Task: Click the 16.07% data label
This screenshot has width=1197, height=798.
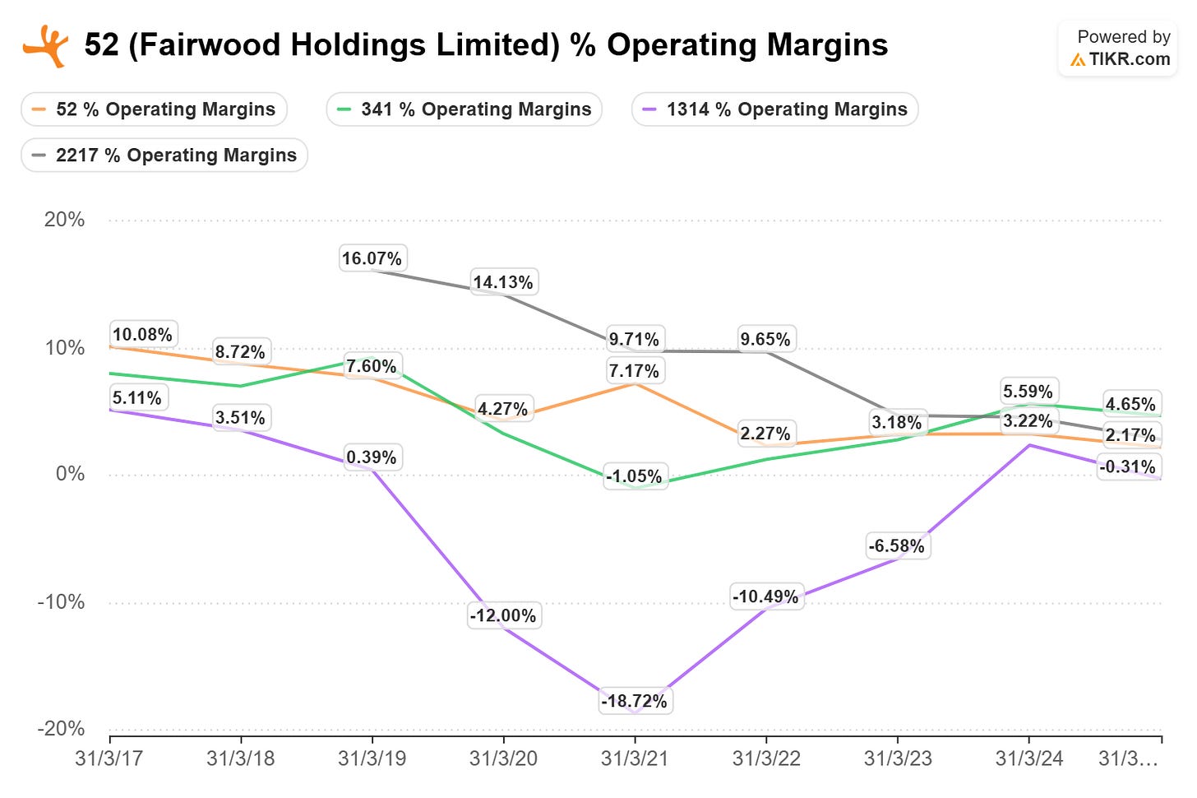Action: tap(372, 258)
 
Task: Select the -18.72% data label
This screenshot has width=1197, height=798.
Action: tap(635, 701)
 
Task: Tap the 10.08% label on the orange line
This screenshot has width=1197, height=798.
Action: tap(143, 334)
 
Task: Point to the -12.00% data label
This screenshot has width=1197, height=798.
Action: tap(503, 615)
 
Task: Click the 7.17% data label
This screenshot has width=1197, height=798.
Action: tap(635, 371)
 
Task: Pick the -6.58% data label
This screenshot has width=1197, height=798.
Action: tap(896, 546)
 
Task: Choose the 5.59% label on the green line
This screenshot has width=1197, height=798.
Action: tap(1028, 392)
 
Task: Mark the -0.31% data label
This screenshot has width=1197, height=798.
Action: tap(1128, 466)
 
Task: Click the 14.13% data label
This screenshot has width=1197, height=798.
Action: tap(503, 282)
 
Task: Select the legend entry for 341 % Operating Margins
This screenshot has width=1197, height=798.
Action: tap(464, 109)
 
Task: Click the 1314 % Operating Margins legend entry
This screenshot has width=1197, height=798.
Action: tap(774, 109)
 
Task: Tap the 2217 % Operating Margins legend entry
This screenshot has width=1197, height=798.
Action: tap(164, 155)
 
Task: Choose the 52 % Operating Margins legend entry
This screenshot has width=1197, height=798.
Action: tap(154, 109)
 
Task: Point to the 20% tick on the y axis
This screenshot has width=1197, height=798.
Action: tap(64, 220)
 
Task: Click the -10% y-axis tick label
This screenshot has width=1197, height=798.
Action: tap(61, 602)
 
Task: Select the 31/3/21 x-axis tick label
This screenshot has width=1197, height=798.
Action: tap(635, 759)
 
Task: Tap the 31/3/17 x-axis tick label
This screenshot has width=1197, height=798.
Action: tap(109, 759)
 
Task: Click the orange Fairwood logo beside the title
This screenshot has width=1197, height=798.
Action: tap(45, 46)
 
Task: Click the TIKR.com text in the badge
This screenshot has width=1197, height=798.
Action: tap(1130, 59)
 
